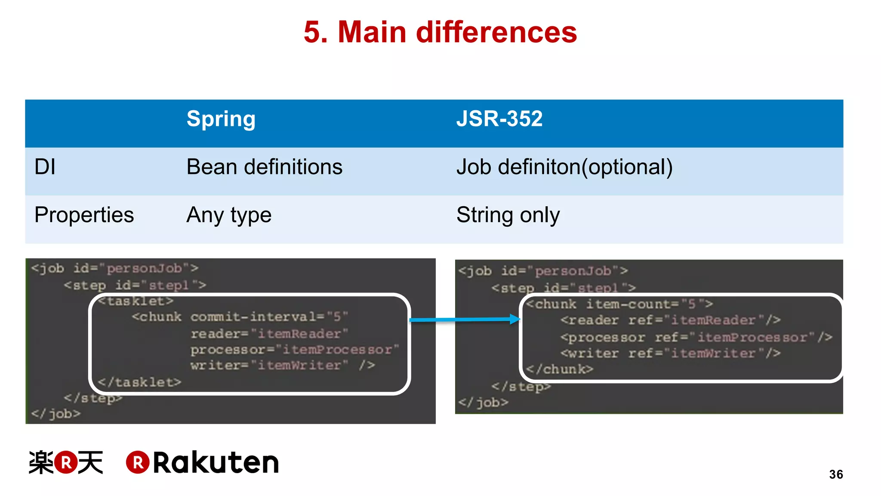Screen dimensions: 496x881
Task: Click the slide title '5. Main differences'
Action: pyautogui.click(x=440, y=32)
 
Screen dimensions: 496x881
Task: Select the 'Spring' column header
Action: pyautogui.click(x=221, y=119)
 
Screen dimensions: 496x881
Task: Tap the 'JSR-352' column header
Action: pyautogui.click(x=499, y=119)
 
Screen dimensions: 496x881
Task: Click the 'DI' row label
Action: pyautogui.click(x=45, y=167)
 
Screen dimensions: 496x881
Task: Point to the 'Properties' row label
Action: pyautogui.click(x=84, y=215)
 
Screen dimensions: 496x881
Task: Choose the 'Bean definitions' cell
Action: pyautogui.click(x=264, y=167)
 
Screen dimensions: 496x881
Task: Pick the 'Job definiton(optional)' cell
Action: pyautogui.click(x=564, y=167)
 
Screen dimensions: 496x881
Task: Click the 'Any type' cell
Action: pyautogui.click(x=229, y=215)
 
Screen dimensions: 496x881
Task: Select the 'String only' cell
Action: pyautogui.click(x=508, y=215)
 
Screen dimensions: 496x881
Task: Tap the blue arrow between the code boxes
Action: pyautogui.click(x=465, y=319)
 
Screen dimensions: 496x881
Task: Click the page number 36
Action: pyautogui.click(x=836, y=474)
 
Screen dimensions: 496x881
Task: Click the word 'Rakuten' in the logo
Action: pyautogui.click(x=216, y=463)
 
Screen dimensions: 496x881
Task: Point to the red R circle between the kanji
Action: pyautogui.click(x=66, y=462)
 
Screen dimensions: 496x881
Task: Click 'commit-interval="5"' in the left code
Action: pyautogui.click(x=269, y=317)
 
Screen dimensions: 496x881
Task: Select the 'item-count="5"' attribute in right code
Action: pyautogui.click(x=649, y=304)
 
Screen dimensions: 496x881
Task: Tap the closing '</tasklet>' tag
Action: pyautogui.click(x=139, y=382)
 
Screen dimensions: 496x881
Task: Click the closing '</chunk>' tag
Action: pyautogui.click(x=560, y=369)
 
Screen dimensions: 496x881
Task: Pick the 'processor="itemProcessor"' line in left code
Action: pyautogui.click(x=295, y=349)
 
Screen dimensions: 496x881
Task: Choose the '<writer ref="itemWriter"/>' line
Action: pyautogui.click(x=670, y=353)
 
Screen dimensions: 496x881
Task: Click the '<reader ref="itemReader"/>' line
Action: pyautogui.click(x=670, y=320)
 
